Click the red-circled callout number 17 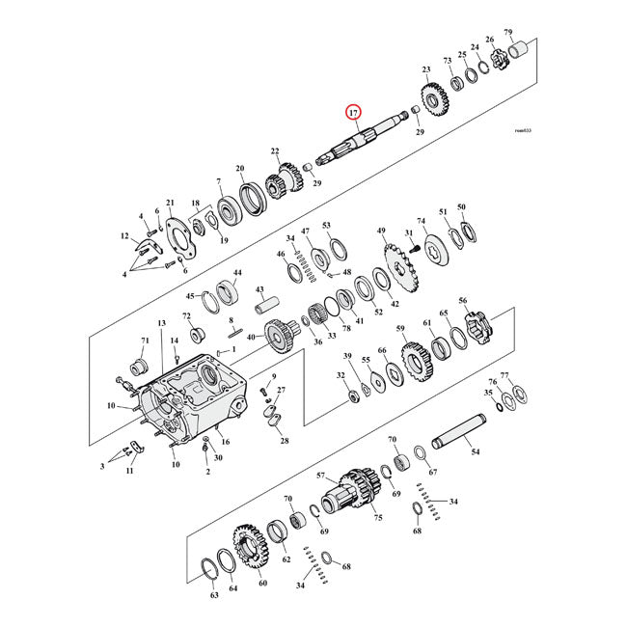click(355, 113)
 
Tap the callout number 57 click(321, 477)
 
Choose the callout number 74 click(421, 221)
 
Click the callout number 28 click(285, 441)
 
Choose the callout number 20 click(239, 169)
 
